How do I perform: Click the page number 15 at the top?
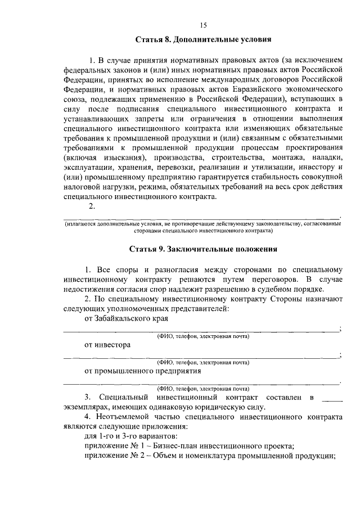203,24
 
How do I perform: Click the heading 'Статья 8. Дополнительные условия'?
203,40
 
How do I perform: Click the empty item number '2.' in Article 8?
93,206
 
